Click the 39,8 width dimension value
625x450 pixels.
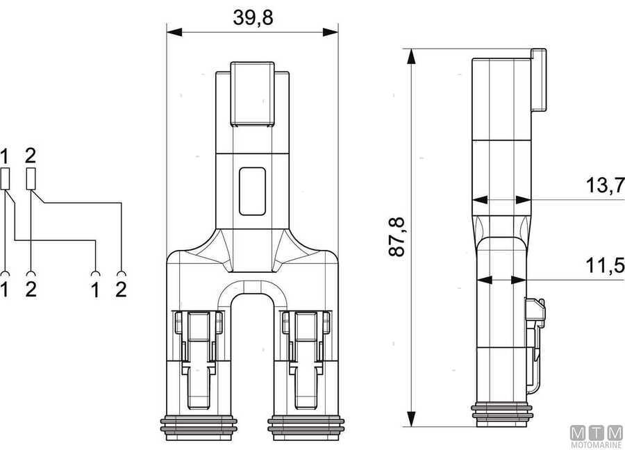point(253,17)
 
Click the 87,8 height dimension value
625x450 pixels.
point(397,237)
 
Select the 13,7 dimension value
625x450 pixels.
point(604,185)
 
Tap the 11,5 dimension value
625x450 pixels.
point(604,265)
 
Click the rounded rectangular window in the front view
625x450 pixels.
point(252,192)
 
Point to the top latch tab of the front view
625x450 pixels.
point(252,94)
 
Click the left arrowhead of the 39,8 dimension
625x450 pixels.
point(174,32)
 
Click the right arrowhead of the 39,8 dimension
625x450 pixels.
point(331,32)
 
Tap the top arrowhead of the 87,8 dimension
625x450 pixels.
point(411,57)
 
